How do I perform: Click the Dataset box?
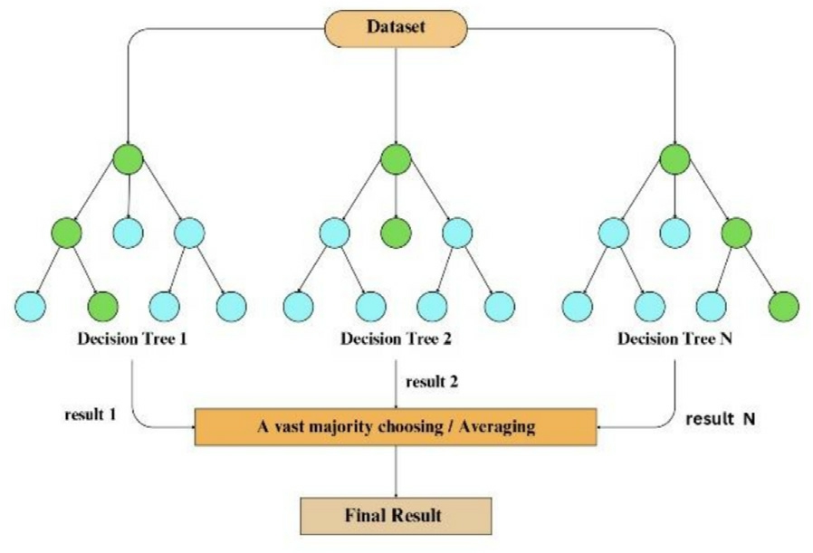[x=396, y=28]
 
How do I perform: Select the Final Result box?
[x=395, y=516]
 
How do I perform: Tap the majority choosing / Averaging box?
[x=396, y=425]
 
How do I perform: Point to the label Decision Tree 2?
[x=396, y=340]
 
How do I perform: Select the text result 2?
[x=432, y=381]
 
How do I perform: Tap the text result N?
[x=720, y=421]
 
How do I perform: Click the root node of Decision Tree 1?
[x=129, y=161]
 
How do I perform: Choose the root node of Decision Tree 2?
[x=396, y=161]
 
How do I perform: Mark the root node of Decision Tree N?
[x=674, y=161]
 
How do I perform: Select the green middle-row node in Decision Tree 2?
[x=396, y=233]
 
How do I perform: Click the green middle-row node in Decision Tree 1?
[x=65, y=233]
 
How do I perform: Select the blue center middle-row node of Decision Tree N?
[x=675, y=233]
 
